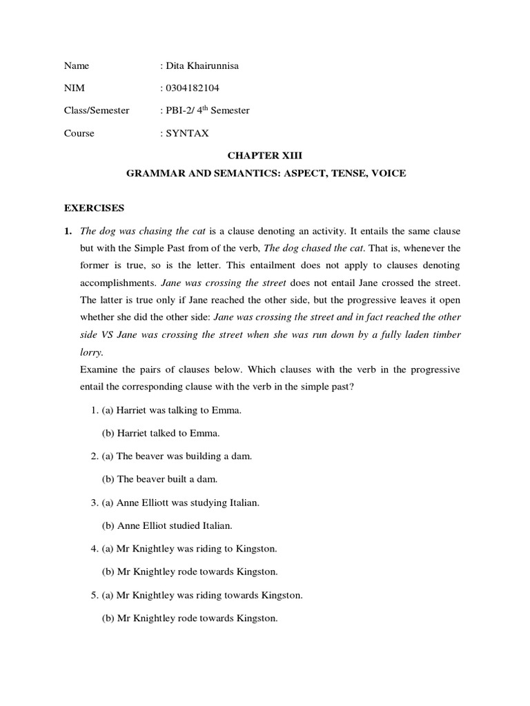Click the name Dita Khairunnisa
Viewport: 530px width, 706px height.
click(x=203, y=66)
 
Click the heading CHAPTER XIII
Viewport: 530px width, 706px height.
click(x=266, y=156)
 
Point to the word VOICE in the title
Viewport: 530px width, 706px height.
click(x=389, y=174)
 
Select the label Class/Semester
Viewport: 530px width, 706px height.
click(x=97, y=110)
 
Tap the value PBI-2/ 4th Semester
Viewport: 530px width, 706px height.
click(x=207, y=110)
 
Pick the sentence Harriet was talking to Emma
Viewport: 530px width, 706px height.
click(x=179, y=410)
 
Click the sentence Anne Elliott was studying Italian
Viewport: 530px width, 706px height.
click(x=188, y=503)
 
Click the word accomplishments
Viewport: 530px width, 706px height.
click(x=118, y=282)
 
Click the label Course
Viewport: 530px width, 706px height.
click(x=79, y=133)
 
